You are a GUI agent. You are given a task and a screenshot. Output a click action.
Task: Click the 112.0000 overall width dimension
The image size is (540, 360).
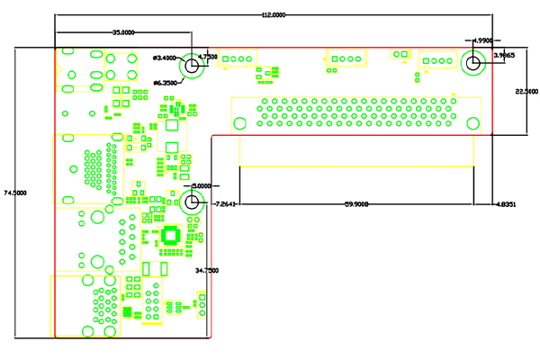274,15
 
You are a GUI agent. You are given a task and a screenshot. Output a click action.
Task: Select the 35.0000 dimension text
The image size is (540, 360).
124,32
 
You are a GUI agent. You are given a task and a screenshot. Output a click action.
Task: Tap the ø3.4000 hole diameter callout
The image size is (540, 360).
166,58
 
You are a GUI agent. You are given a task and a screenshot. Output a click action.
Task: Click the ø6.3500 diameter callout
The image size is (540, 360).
166,83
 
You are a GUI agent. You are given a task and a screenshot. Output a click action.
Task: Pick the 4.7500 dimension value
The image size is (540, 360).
208,56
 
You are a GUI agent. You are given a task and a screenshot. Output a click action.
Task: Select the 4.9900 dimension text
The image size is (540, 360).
483,40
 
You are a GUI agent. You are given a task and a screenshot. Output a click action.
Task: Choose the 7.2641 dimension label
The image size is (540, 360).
225,204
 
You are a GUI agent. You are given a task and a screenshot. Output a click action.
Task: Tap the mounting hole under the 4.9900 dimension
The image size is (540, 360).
472,63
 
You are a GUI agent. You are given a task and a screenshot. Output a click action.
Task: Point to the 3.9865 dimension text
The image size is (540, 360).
504,56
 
